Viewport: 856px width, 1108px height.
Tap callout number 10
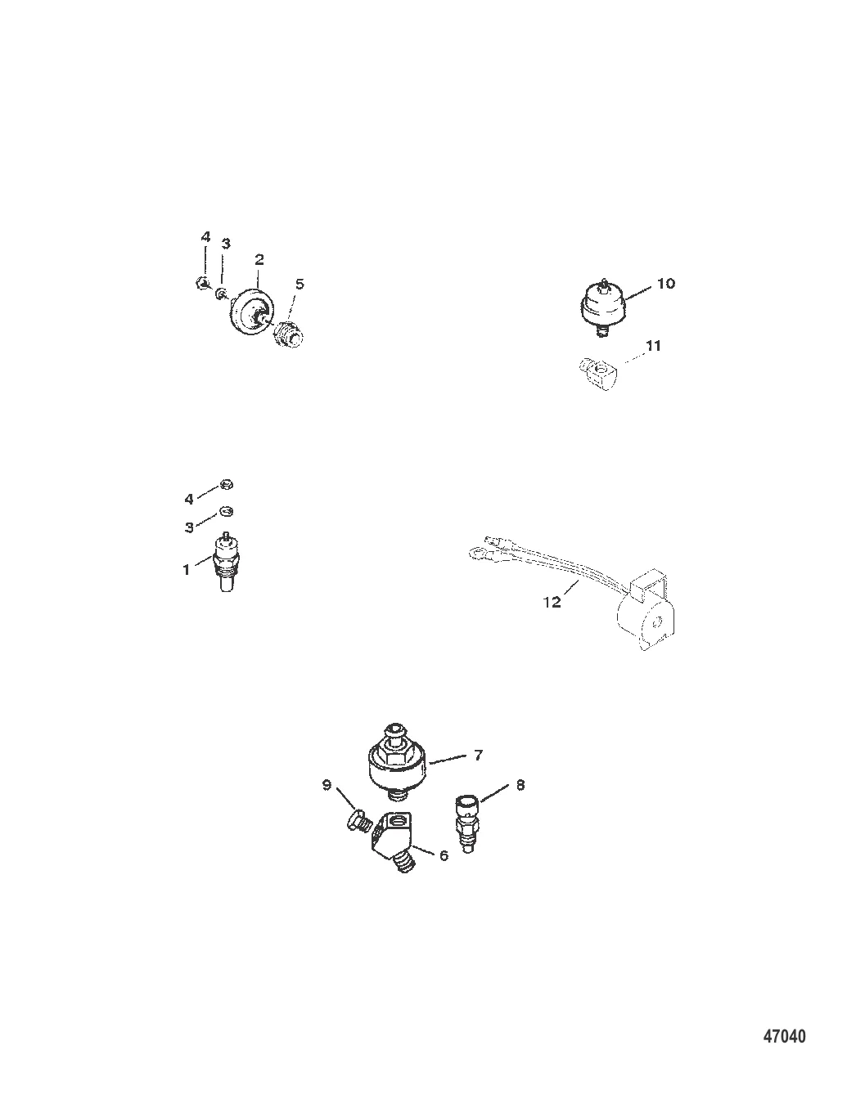pos(665,283)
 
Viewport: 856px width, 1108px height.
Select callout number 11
pos(654,346)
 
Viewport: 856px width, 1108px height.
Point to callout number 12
pos(552,602)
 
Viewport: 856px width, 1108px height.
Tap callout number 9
pos(327,785)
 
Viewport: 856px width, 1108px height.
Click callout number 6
pos(444,855)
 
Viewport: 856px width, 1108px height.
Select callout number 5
pos(300,284)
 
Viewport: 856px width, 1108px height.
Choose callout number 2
pos(259,259)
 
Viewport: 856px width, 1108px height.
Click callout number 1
pos(187,570)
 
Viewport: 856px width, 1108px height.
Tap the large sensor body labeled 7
pos(399,765)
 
